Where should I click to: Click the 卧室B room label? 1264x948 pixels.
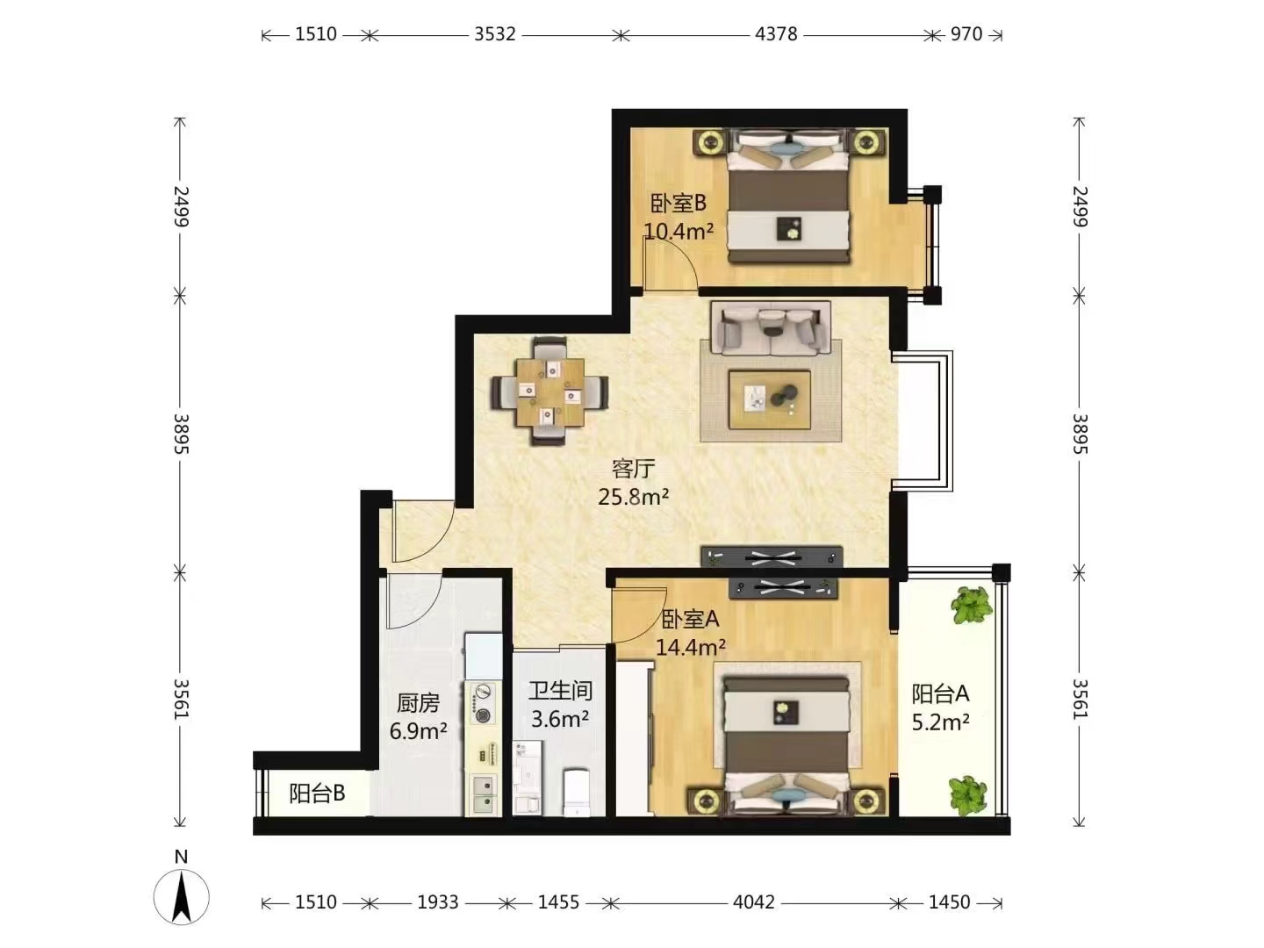point(678,203)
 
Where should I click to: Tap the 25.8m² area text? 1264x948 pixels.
point(633,496)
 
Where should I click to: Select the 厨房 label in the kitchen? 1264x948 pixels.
point(418,703)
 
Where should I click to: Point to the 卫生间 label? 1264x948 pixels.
point(560,691)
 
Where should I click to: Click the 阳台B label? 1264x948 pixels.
point(317,794)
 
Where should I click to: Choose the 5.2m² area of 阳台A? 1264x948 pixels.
point(940,722)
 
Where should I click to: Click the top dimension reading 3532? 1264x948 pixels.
point(495,34)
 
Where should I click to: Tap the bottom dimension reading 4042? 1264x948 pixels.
point(754,902)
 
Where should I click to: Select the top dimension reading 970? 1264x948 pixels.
point(966,34)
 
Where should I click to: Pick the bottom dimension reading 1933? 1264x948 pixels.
point(438,902)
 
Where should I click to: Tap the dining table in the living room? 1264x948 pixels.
point(550,392)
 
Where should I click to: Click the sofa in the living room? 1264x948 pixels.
point(771,328)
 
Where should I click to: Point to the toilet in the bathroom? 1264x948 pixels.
point(577,792)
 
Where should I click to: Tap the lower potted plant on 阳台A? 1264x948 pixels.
point(968,796)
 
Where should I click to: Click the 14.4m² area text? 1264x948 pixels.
point(691,648)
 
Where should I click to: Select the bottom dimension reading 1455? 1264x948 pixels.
point(558,902)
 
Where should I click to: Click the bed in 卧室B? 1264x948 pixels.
point(789,197)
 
